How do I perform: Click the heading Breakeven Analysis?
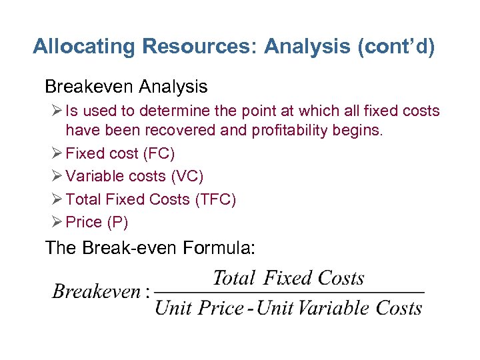(x=126, y=87)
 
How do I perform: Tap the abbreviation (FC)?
(x=159, y=153)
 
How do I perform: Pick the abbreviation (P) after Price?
(x=115, y=221)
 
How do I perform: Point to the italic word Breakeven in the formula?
(x=96, y=291)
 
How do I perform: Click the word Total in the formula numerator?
(x=234, y=277)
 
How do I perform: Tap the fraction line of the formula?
(x=290, y=293)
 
